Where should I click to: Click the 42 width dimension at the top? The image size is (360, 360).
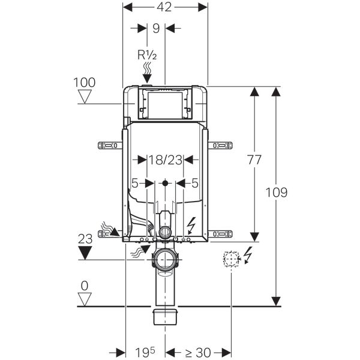click(165, 7)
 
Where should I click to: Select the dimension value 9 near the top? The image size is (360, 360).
click(156, 28)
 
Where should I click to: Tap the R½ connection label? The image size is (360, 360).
click(147, 55)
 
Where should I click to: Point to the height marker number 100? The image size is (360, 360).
click(85, 82)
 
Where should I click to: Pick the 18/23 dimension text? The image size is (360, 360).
click(165, 160)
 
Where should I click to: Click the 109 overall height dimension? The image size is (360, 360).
click(275, 193)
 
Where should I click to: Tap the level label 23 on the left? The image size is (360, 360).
click(85, 237)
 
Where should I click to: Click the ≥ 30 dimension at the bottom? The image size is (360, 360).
click(198, 351)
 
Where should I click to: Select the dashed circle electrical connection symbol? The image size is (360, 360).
click(231, 259)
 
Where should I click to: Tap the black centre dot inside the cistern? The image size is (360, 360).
click(165, 181)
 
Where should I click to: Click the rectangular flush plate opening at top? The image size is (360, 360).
click(165, 103)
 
